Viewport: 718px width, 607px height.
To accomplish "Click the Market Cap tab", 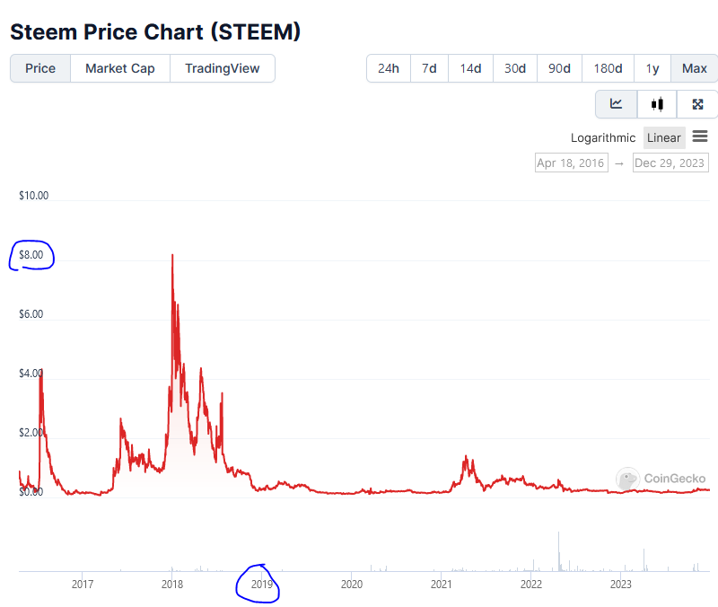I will tap(119, 68).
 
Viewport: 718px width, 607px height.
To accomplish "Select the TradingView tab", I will tap(222, 68).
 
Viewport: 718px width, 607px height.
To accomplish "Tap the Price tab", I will tap(40, 68).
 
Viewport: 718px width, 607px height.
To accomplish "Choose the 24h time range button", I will tap(389, 68).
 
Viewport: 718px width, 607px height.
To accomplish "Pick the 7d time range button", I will tap(430, 68).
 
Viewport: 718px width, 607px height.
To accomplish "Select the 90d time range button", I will tap(559, 68).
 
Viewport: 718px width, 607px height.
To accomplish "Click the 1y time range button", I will tap(652, 68).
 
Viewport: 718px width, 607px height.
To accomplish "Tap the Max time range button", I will tap(694, 68).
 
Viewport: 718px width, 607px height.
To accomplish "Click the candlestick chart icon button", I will tap(657, 104).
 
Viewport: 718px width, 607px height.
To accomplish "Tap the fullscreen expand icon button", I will tap(697, 104).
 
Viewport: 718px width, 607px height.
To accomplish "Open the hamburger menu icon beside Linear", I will tap(700, 136).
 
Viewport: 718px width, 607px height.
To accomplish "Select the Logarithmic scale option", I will tap(603, 137).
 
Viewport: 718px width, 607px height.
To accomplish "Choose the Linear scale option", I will tap(664, 137).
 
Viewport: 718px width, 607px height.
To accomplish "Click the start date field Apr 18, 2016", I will tap(571, 163).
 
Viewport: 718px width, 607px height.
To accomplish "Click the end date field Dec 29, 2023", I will tap(670, 163).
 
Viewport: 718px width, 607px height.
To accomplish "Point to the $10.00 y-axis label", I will tap(34, 195).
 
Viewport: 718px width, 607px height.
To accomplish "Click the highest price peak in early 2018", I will tap(172, 255).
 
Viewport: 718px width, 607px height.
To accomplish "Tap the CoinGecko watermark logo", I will tap(661, 479).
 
